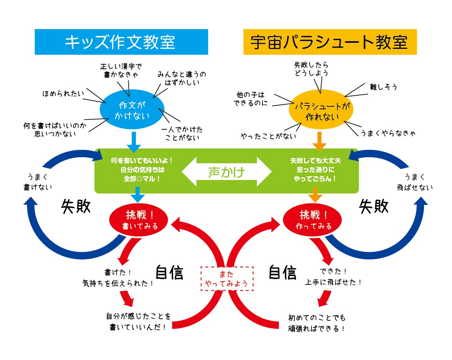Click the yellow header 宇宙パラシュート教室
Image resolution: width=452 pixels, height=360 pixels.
330,42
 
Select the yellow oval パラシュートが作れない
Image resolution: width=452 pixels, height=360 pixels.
321,112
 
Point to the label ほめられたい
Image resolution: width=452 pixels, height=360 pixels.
63,93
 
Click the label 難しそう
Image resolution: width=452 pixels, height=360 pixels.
383,87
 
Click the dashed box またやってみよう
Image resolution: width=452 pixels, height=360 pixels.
227,279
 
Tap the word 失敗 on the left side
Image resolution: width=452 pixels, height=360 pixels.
76,207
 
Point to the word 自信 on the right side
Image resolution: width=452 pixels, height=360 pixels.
282,272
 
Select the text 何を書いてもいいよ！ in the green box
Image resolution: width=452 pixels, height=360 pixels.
141,161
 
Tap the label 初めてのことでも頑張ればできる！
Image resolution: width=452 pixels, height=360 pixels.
317,323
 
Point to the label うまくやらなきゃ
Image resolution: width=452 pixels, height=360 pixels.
388,133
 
